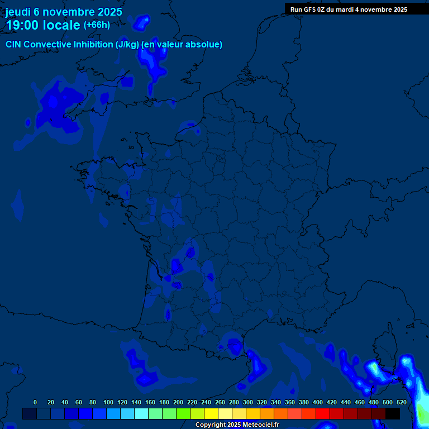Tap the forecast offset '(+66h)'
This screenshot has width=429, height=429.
[97, 25]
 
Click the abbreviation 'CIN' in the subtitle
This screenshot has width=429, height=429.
[14, 45]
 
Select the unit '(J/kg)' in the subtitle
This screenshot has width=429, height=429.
[128, 45]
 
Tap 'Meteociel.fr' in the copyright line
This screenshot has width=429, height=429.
[261, 425]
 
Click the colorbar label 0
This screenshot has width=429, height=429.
[35, 402]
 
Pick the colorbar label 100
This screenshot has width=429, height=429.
[108, 402]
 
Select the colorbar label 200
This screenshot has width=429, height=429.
[178, 402]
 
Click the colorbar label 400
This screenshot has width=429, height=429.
[318, 402]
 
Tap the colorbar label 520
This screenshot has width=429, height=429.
[402, 402]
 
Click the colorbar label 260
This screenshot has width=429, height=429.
[220, 402]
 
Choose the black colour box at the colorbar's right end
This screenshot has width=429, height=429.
[393, 413]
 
